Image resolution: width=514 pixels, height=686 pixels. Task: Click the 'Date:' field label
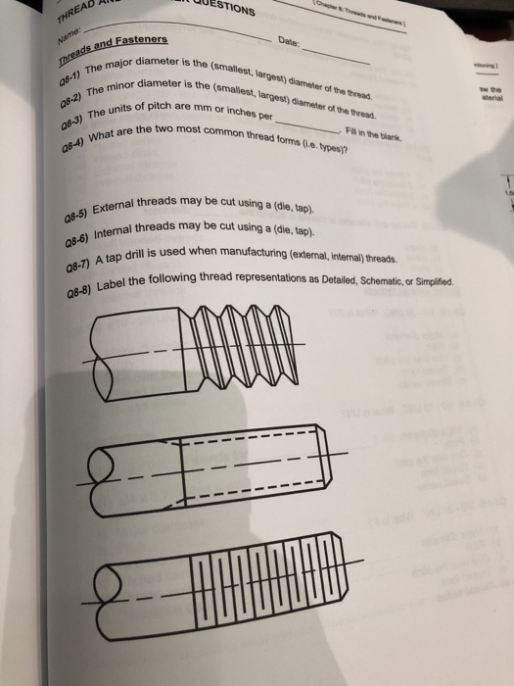click(x=287, y=42)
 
